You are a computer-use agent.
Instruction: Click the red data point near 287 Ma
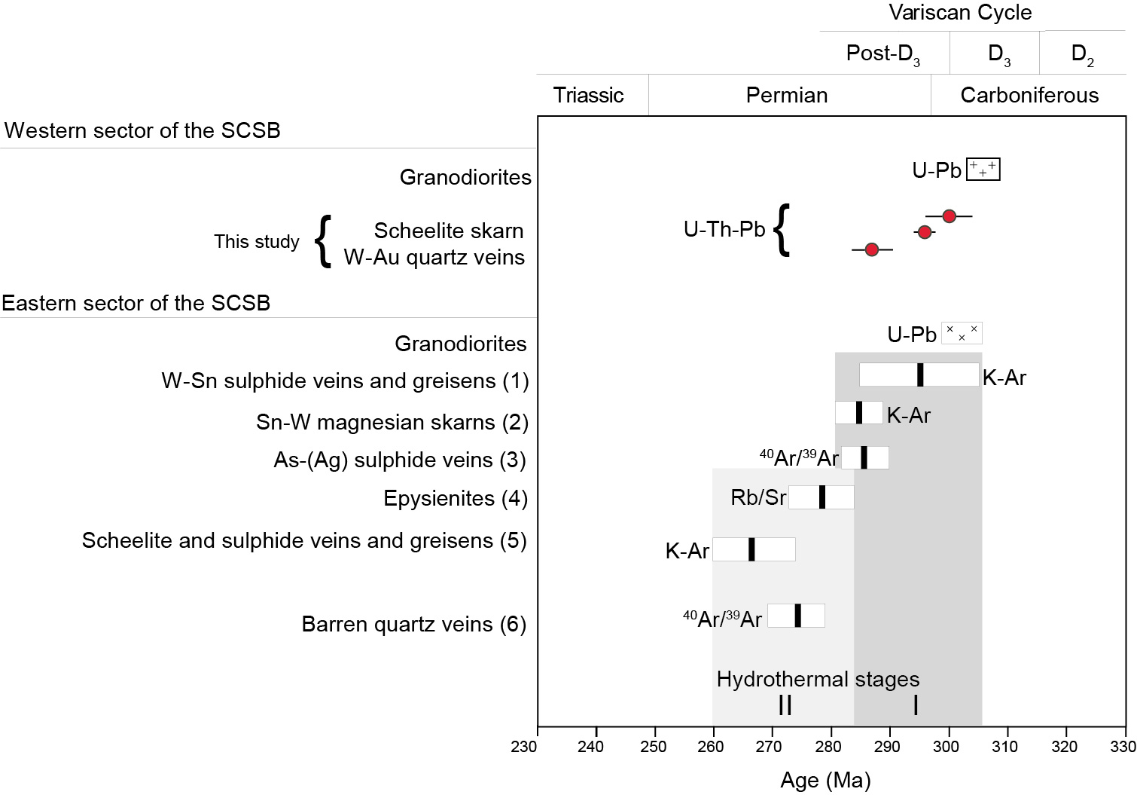tap(871, 249)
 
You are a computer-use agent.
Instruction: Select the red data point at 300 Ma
tap(949, 216)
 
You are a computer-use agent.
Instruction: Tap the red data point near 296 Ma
tap(925, 232)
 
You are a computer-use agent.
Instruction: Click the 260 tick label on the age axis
tap(710, 746)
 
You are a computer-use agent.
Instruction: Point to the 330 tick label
tap(1123, 746)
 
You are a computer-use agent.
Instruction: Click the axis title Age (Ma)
tap(825, 781)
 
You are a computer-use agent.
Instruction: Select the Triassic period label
tap(588, 95)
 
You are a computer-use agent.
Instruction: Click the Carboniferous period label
tap(1029, 95)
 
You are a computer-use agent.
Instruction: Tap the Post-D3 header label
tap(882, 54)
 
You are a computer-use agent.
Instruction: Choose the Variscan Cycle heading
tap(960, 13)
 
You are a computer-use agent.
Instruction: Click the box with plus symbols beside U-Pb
tap(983, 170)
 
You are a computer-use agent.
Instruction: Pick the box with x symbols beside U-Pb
tap(962, 333)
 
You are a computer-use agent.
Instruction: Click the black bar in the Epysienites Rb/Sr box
tap(822, 497)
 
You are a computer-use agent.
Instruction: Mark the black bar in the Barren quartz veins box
tap(797, 616)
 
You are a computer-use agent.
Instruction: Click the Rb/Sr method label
tap(758, 497)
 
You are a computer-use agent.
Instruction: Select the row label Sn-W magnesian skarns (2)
tap(392, 422)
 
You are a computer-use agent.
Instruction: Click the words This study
tap(256, 241)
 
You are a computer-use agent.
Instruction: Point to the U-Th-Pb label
tap(724, 229)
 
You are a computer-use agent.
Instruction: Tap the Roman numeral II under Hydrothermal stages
tap(785, 705)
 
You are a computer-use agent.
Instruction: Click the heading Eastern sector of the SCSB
tap(136, 303)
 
